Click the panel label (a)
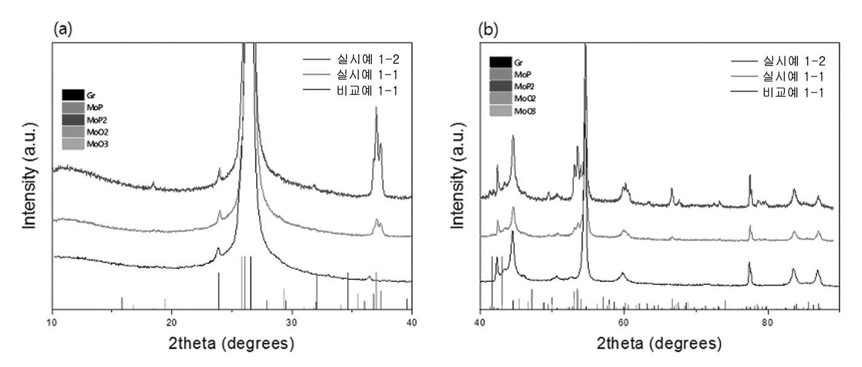pos(63,30)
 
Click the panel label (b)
pos(488,30)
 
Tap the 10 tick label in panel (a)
pos(52,322)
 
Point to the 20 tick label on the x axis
pos(172,322)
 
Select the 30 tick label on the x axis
pos(292,322)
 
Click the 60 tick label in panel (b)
pos(623,322)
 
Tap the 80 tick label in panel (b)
pos(767,322)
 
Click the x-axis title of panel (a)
pos(232,344)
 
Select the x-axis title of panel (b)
pos(659,344)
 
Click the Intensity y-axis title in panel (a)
pos(30,175)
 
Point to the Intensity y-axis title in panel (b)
pos(457,175)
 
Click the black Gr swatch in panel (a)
pos(73,95)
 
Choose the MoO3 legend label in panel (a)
pos(97,144)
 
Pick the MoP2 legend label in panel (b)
pos(525,86)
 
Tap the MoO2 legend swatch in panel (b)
pos(501,98)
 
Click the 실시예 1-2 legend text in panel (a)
pos(368,59)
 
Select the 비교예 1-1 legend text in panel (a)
pos(367,91)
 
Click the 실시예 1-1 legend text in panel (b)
pos(793,76)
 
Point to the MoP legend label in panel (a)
pos(95,107)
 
